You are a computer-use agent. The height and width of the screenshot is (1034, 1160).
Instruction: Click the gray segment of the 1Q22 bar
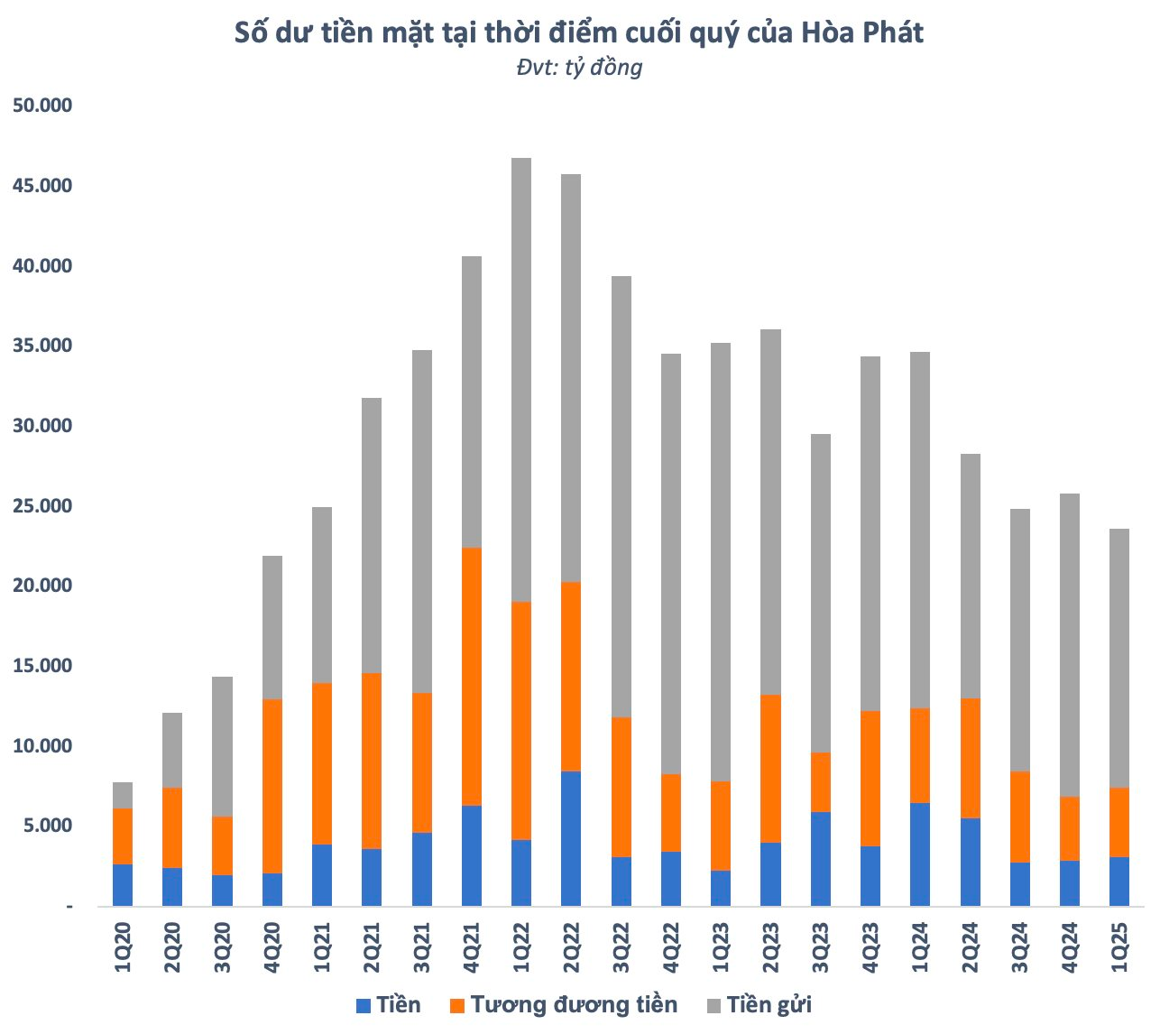[x=520, y=379]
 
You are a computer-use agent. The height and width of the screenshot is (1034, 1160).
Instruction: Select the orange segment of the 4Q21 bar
[x=471, y=676]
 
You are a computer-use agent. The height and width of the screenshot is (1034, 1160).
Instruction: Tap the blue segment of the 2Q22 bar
[x=571, y=838]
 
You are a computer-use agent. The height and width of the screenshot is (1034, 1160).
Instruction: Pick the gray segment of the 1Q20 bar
[x=123, y=795]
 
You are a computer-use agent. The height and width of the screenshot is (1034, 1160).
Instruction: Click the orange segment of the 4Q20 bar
[x=272, y=786]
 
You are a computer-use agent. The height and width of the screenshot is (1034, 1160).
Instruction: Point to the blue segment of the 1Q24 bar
[x=919, y=854]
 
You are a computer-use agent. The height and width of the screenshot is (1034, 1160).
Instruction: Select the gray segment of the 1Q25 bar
[x=1119, y=658]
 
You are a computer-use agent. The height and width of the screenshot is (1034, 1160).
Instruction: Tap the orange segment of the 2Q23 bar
[x=770, y=769]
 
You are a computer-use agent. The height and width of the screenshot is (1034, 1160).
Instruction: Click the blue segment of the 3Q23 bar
[x=820, y=858]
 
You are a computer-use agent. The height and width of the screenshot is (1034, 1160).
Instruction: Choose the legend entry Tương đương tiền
[x=574, y=1005]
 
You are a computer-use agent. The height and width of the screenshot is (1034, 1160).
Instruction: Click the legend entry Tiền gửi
[x=769, y=1005]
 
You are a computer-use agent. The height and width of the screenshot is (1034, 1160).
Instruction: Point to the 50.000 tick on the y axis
[x=41, y=106]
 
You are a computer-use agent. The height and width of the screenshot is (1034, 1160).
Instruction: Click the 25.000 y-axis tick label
[x=41, y=505]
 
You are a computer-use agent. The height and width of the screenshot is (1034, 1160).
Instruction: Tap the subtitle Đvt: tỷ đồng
[x=579, y=68]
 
